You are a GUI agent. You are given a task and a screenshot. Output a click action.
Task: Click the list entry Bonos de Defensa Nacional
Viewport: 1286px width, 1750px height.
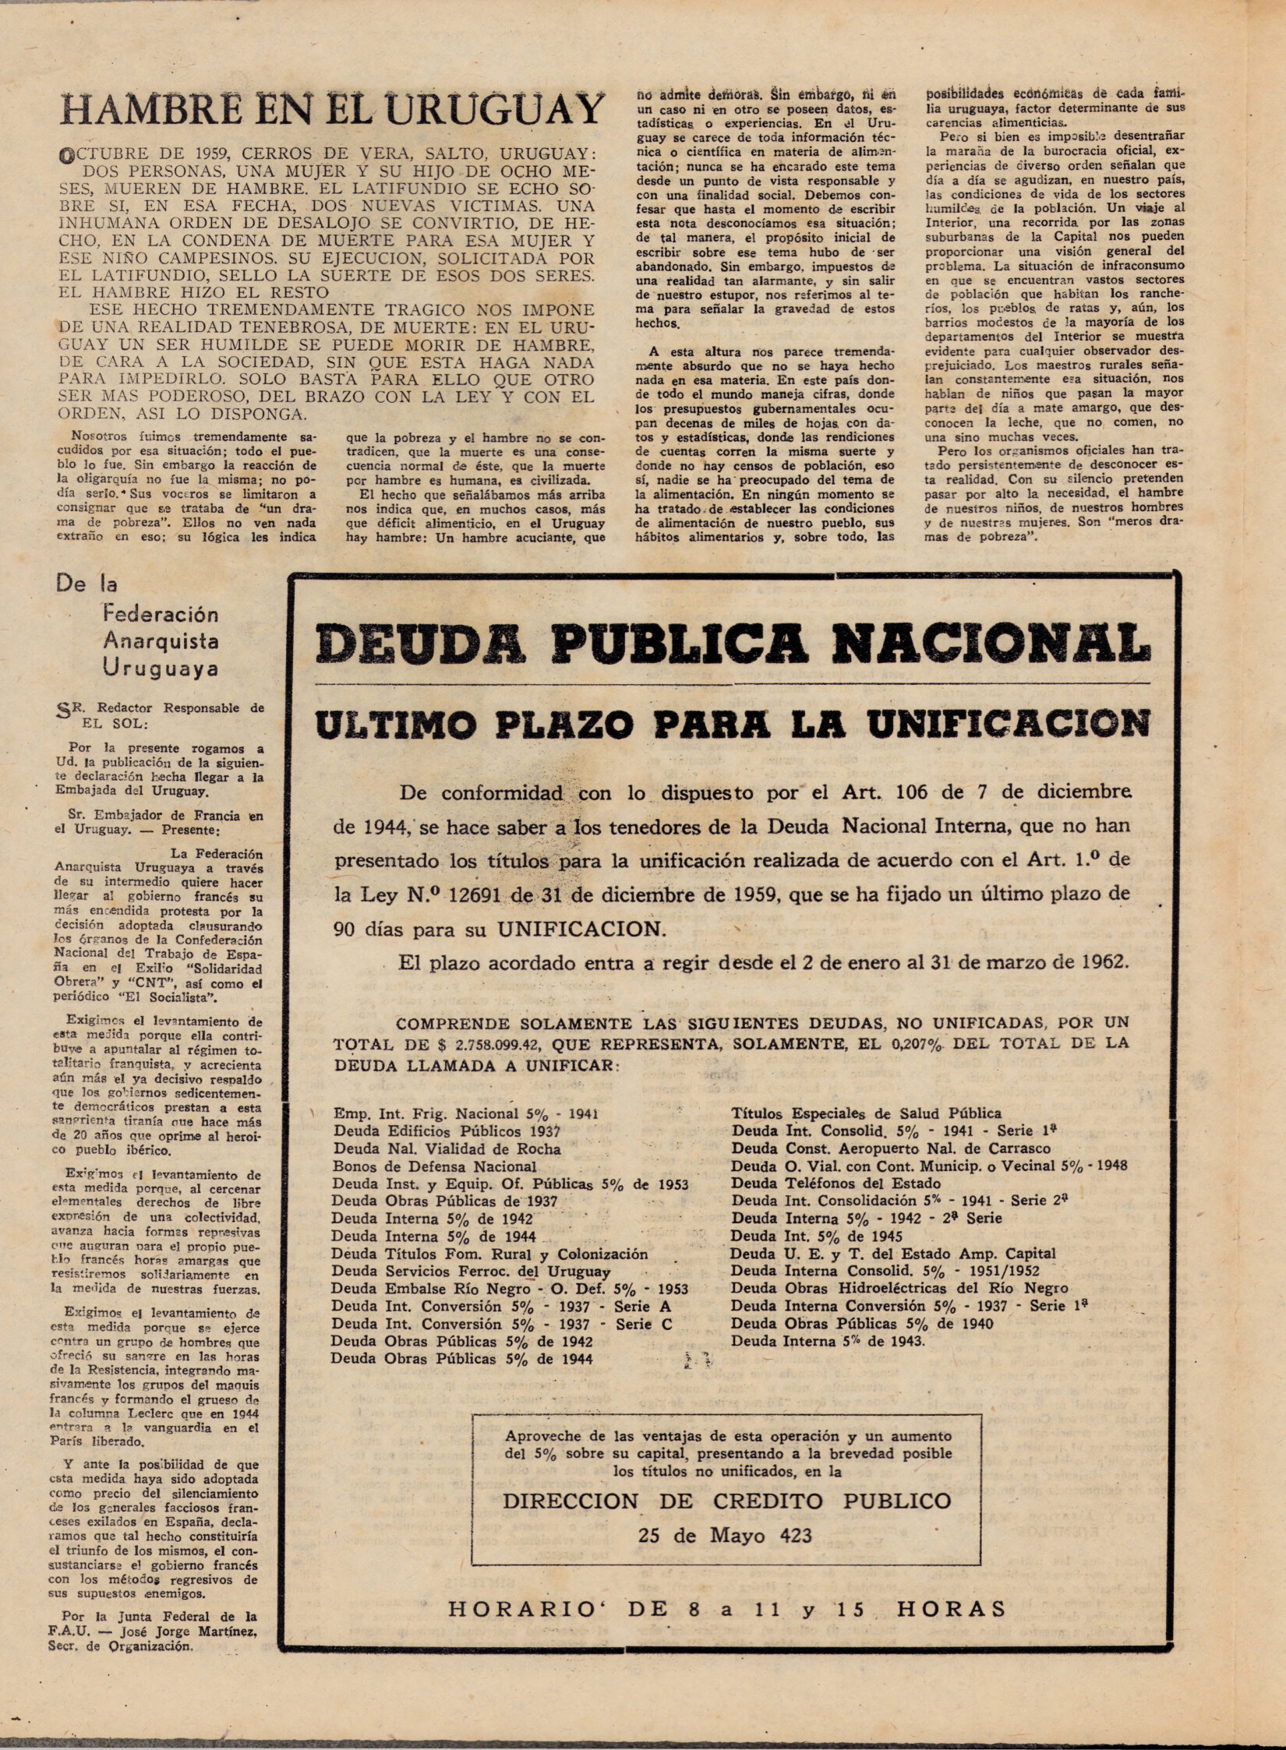pos(434,1166)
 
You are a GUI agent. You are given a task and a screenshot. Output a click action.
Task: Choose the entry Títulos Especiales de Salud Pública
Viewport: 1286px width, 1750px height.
pos(866,1113)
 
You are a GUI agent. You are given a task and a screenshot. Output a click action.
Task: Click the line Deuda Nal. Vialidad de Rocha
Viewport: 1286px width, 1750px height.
pos(447,1148)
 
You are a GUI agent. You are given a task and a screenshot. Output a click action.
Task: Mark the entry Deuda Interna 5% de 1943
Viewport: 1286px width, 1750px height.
pos(828,1341)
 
